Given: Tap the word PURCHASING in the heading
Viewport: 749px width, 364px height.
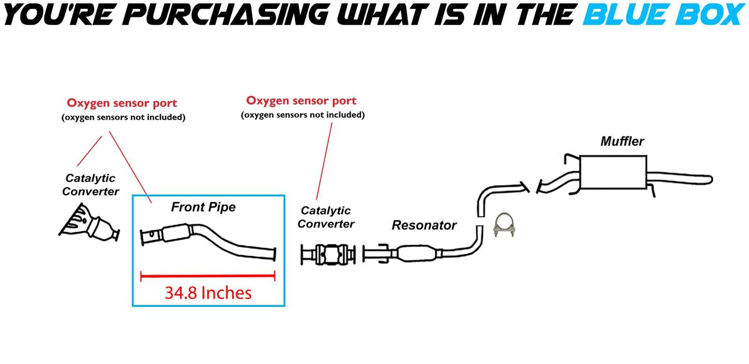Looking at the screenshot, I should tap(228, 15).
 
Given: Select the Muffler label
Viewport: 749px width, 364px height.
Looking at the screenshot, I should tap(622, 141).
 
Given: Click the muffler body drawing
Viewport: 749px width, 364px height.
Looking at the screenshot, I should tap(613, 172).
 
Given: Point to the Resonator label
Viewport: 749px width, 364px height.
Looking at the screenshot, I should tap(424, 225).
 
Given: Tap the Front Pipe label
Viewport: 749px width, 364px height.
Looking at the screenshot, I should tap(203, 207).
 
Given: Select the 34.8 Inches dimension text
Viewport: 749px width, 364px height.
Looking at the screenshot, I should tap(208, 293).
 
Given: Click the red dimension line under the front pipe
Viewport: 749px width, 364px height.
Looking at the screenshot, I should tap(207, 276).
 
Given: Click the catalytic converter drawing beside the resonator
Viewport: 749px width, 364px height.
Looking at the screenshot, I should tap(329, 255).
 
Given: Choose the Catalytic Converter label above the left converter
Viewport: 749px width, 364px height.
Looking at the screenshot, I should tap(90, 185).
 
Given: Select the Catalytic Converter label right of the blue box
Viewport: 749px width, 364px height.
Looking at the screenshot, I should tap(326, 217).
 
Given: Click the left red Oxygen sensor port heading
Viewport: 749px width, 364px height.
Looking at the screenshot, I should tap(122, 103).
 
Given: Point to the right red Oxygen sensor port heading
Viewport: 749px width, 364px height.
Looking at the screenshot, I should tap(301, 100).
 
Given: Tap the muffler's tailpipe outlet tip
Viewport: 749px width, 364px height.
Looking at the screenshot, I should tap(708, 179).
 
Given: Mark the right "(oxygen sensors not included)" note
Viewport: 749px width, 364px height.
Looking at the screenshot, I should tap(303, 115).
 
